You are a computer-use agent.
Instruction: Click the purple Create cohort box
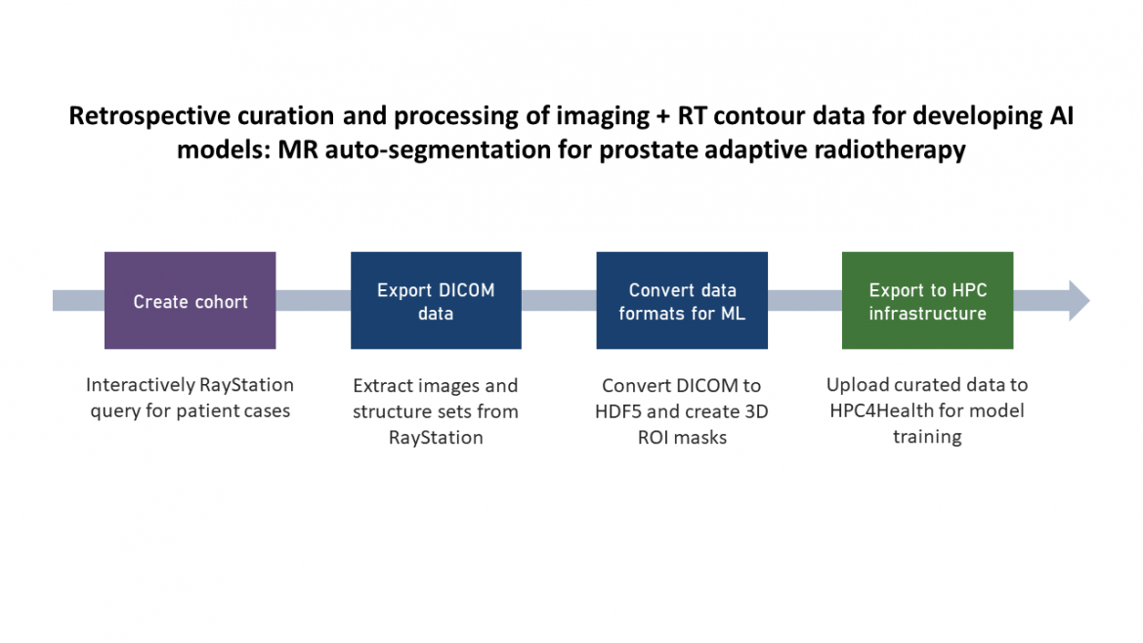point(190,301)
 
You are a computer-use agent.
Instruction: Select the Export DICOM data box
point(436,301)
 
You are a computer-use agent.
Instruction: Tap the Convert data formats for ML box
point(682,301)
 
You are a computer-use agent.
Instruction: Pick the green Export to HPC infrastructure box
point(927,301)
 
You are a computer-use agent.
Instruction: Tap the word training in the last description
point(927,437)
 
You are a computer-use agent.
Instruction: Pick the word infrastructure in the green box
point(927,314)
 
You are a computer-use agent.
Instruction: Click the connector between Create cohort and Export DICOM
point(313,301)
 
